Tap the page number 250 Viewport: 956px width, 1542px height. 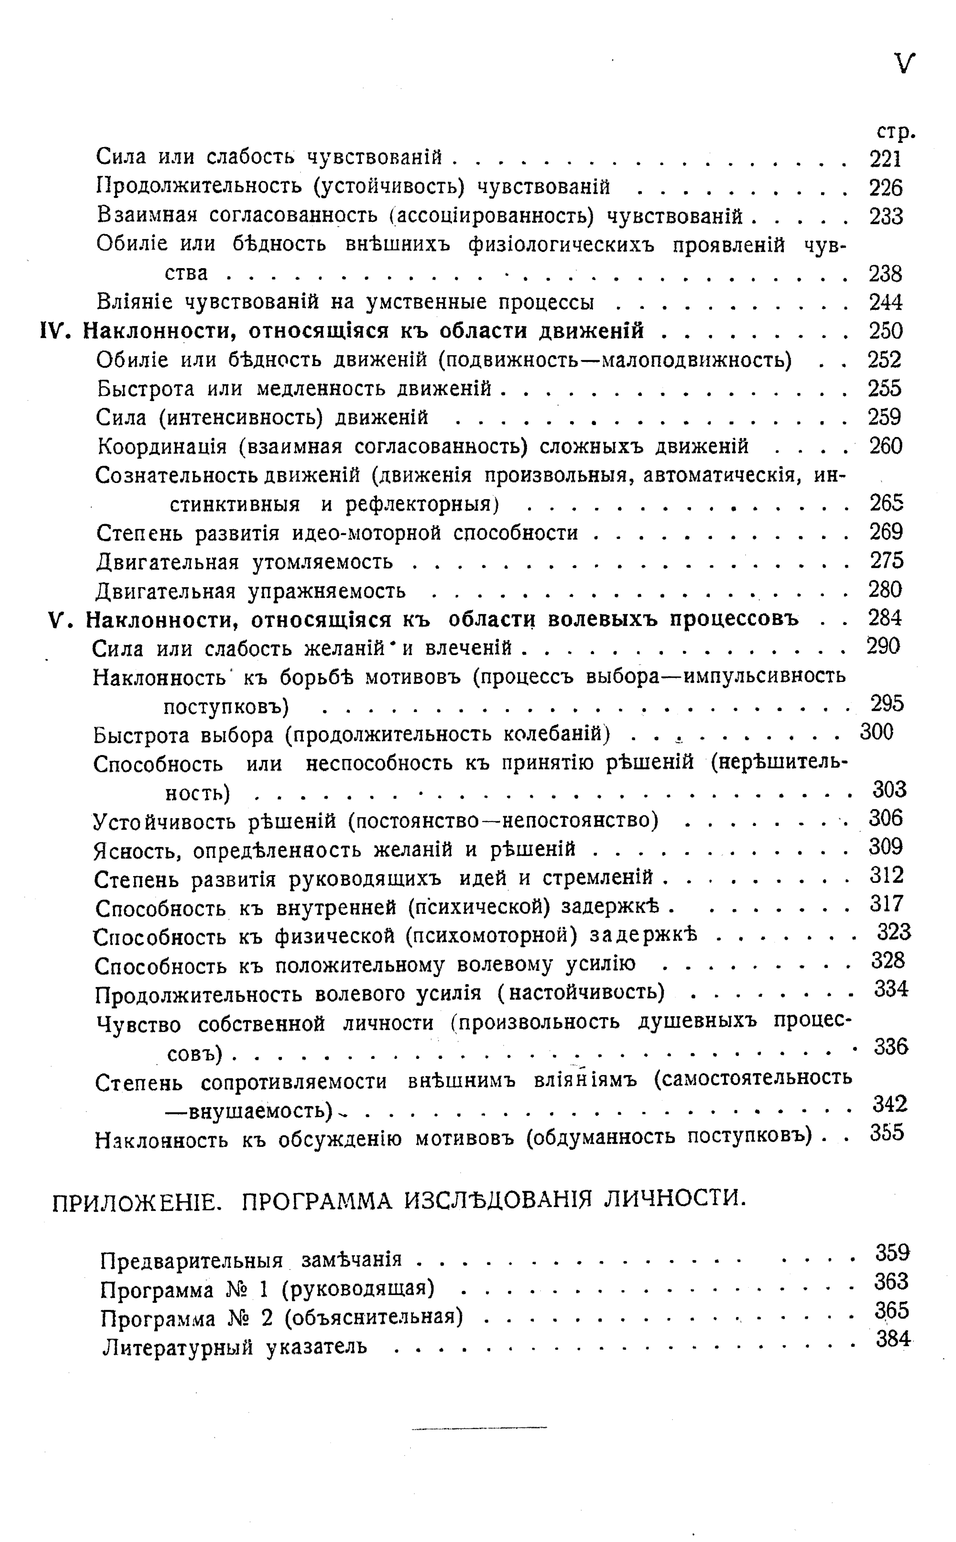[885, 331]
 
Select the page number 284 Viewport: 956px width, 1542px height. [885, 617]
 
